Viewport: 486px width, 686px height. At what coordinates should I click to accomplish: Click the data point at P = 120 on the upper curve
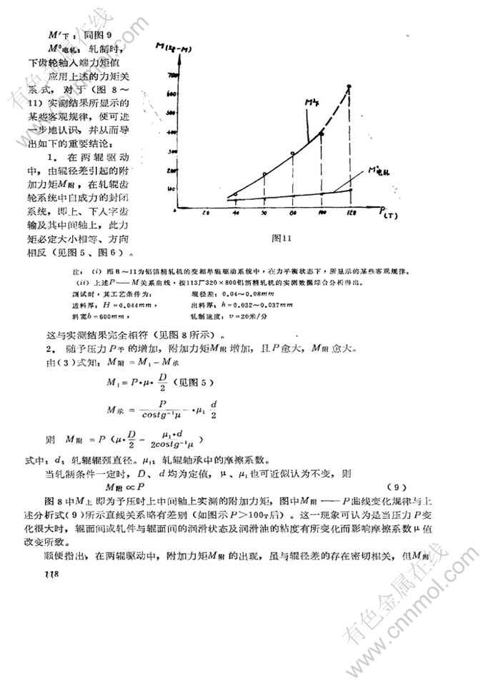click(x=349, y=87)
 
